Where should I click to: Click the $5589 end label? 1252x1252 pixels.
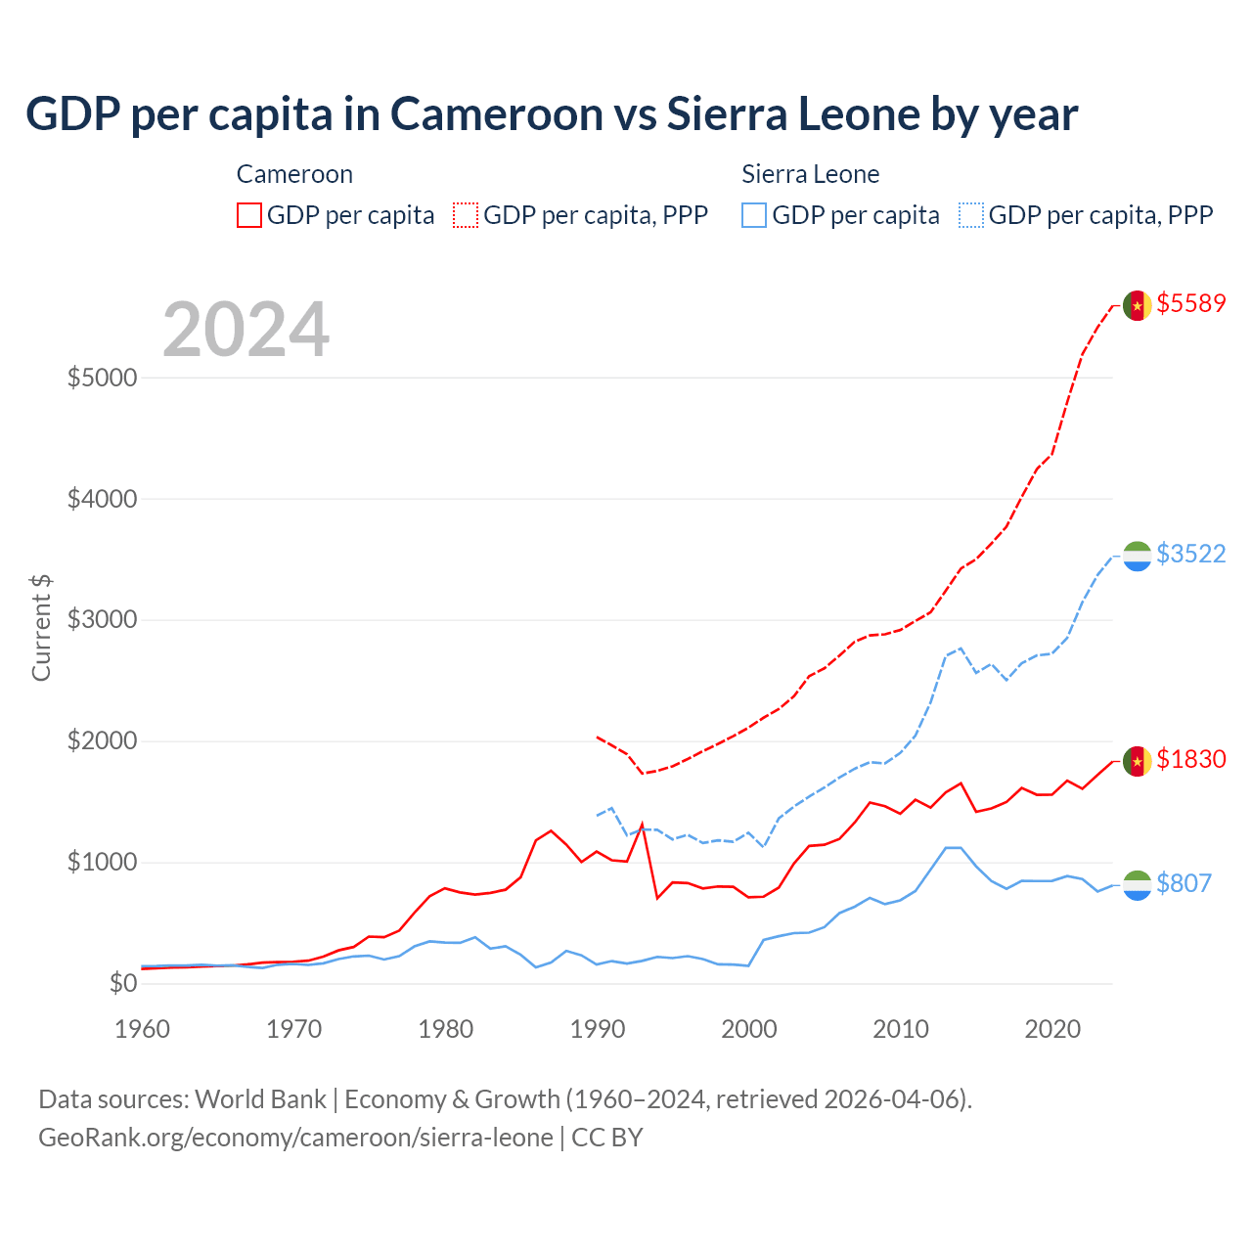pyautogui.click(x=1190, y=303)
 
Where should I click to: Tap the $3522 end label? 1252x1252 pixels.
pyautogui.click(x=1190, y=554)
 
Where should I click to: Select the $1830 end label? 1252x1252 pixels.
pyautogui.click(x=1190, y=759)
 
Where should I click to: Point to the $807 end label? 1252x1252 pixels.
pyautogui.click(x=1184, y=883)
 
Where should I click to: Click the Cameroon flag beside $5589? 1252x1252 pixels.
pyautogui.click(x=1137, y=305)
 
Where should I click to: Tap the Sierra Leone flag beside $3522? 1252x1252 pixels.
pyautogui.click(x=1137, y=556)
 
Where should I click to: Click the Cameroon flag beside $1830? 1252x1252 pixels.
pyautogui.click(x=1137, y=761)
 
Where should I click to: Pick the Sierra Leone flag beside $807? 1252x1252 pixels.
pyautogui.click(x=1137, y=885)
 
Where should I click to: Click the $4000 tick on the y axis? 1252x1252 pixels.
pyautogui.click(x=102, y=499)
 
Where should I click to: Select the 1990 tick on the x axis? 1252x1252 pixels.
pyautogui.click(x=597, y=1029)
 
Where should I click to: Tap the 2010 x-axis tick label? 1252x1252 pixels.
pyautogui.click(x=900, y=1029)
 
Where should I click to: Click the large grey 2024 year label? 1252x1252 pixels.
pyautogui.click(x=246, y=330)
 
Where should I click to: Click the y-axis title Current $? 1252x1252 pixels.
pyautogui.click(x=41, y=628)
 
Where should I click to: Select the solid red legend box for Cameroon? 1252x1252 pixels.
pyautogui.click(x=249, y=215)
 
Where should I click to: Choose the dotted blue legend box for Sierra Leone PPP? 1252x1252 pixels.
pyautogui.click(x=971, y=215)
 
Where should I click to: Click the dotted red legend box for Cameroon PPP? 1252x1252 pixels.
pyautogui.click(x=466, y=215)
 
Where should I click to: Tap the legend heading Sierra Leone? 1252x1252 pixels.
pyautogui.click(x=810, y=174)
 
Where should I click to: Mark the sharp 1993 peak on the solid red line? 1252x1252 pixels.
pyautogui.click(x=642, y=824)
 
